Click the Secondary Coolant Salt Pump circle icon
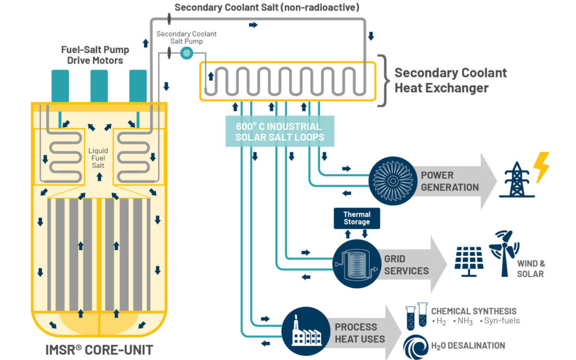click(186, 52)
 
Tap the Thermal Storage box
click(357, 218)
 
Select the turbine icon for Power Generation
click(392, 181)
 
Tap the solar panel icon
click(469, 261)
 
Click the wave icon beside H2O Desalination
click(415, 346)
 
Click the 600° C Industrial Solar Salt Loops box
click(279, 132)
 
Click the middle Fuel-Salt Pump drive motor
click(99, 85)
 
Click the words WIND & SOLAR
click(530, 268)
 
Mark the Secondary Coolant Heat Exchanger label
click(450, 80)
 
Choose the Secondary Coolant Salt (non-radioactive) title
click(267, 7)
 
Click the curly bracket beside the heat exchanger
click(382, 80)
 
